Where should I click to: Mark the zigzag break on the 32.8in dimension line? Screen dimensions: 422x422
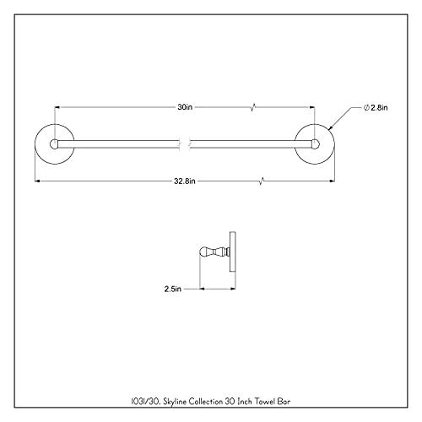tap(266, 181)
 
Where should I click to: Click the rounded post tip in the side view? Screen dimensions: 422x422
tap(203, 251)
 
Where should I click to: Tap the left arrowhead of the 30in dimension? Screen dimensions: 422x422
tap(58, 108)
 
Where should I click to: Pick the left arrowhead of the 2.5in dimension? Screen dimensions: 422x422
tap(201, 288)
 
